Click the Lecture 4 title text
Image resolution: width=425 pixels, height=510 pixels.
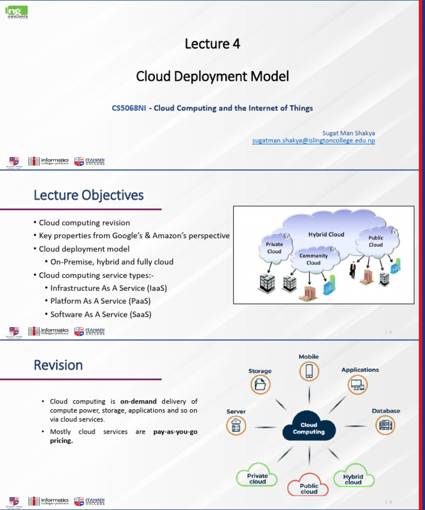(x=212, y=44)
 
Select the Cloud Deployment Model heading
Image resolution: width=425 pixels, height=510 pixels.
(x=212, y=76)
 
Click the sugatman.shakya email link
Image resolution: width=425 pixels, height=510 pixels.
(x=313, y=141)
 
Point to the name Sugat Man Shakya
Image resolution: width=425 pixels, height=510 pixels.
(x=348, y=133)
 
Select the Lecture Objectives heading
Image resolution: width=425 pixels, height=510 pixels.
(x=89, y=195)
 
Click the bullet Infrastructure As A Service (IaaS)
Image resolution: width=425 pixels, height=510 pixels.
(x=108, y=288)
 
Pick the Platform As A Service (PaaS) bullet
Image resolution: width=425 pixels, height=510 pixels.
(x=100, y=301)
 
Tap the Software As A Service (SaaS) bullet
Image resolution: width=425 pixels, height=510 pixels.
(x=101, y=315)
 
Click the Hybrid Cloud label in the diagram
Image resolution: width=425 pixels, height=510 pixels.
(x=326, y=234)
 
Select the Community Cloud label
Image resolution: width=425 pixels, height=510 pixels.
(x=313, y=259)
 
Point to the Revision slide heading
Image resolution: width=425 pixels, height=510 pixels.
(x=58, y=365)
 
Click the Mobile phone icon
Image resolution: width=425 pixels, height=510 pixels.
(x=309, y=370)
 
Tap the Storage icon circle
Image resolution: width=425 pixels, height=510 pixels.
(x=260, y=384)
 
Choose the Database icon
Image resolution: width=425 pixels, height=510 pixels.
(x=385, y=425)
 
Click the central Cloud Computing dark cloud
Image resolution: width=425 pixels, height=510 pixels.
(x=309, y=429)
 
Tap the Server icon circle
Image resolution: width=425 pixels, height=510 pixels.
(x=236, y=425)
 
